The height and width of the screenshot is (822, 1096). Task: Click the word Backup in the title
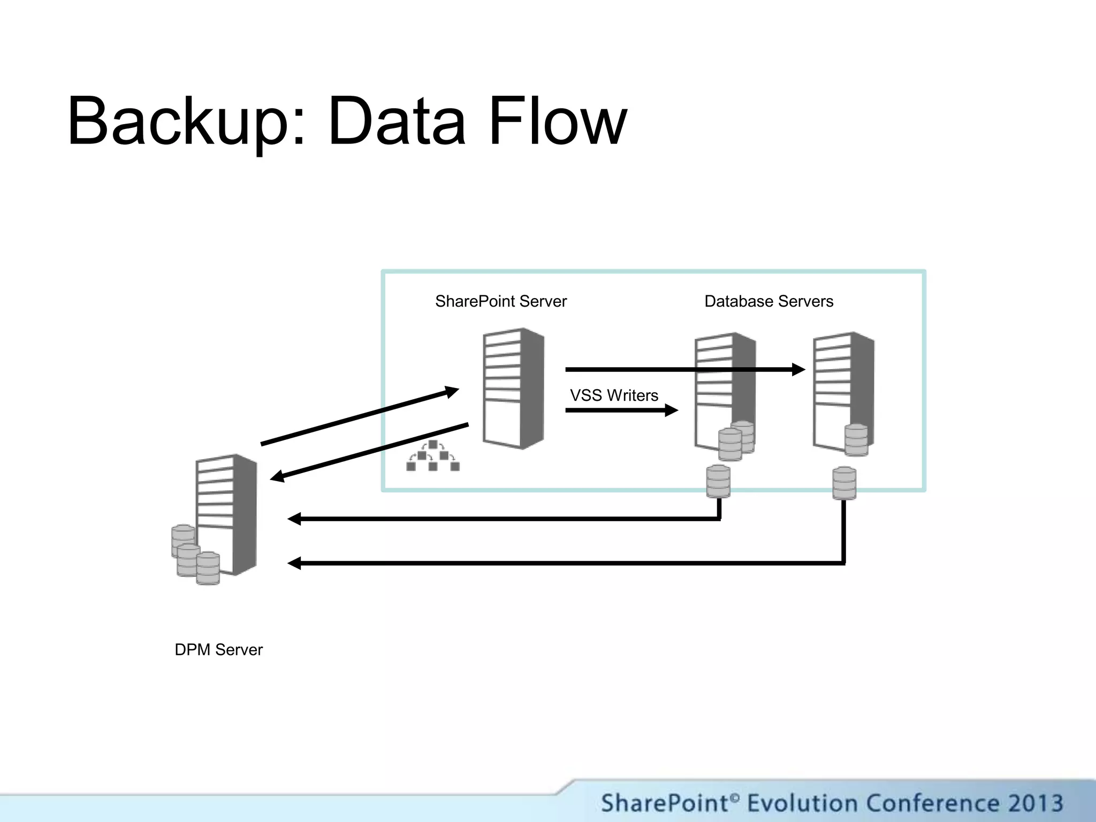(179, 122)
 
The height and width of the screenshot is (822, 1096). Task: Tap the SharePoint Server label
(500, 301)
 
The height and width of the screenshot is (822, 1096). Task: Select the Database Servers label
(768, 301)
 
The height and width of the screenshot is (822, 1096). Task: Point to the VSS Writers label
(614, 395)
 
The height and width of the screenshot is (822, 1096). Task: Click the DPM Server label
(218, 650)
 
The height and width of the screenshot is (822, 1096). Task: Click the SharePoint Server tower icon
(513, 388)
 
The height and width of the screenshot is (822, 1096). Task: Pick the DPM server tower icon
(226, 514)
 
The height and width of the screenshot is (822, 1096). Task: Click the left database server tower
(725, 391)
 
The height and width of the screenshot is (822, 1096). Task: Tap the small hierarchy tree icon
(433, 456)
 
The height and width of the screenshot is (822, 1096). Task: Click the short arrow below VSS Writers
(621, 410)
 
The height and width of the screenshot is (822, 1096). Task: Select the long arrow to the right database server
(685, 369)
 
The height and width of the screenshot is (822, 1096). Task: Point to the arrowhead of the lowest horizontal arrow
(294, 563)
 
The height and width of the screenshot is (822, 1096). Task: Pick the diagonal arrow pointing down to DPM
(369, 451)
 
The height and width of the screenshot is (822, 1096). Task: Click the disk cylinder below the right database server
(844, 483)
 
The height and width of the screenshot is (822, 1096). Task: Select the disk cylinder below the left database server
(718, 481)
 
